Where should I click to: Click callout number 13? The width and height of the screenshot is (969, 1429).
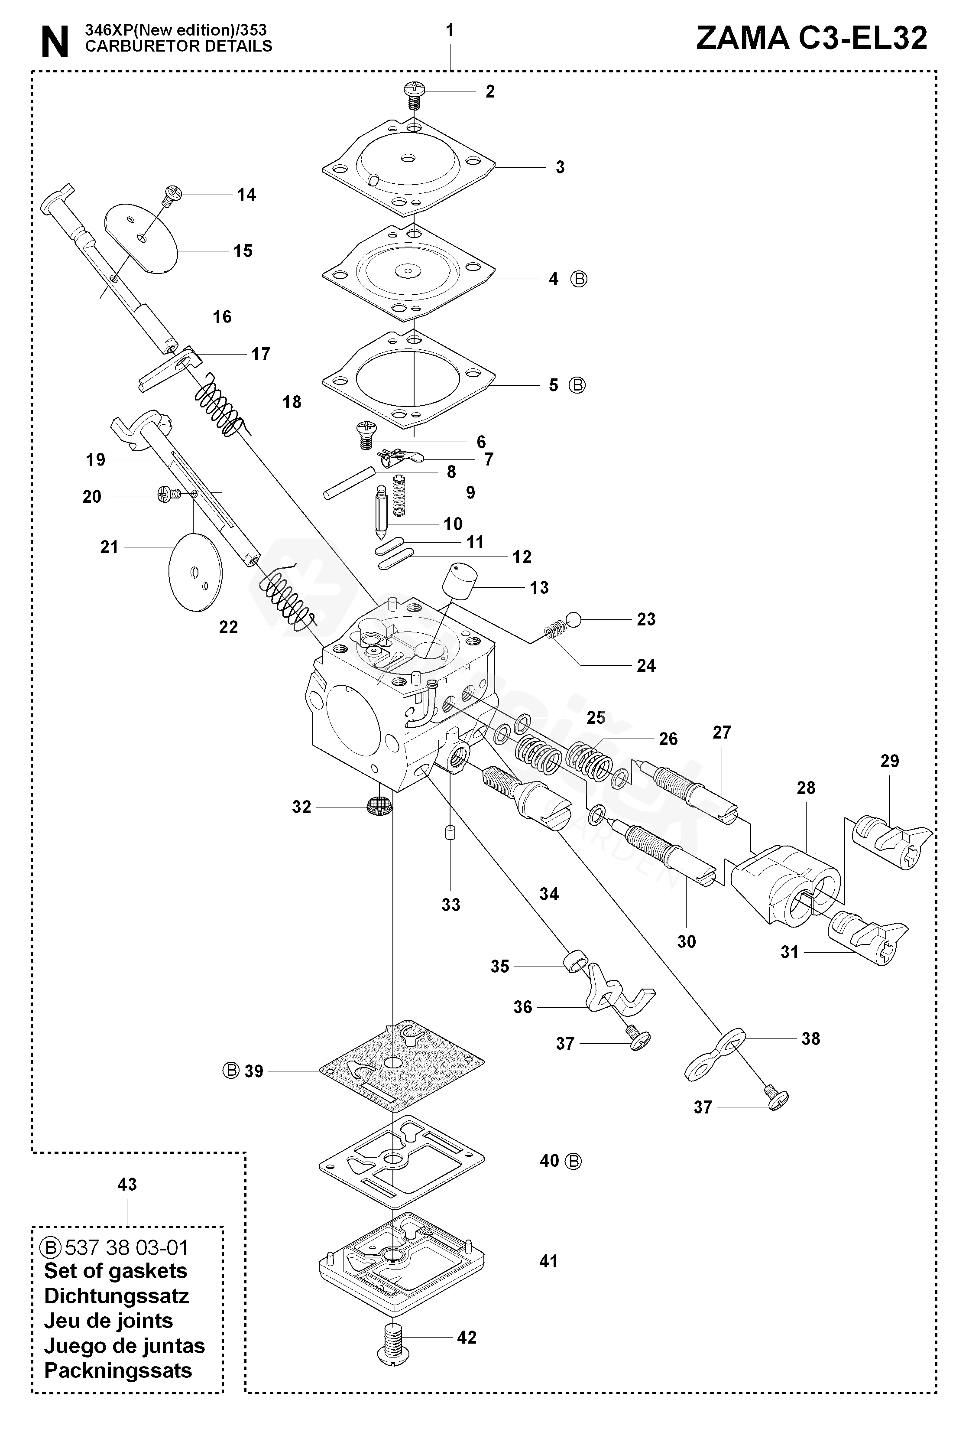[539, 587]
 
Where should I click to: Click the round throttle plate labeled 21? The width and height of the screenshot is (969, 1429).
[195, 571]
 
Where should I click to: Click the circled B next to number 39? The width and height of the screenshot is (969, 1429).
[230, 1071]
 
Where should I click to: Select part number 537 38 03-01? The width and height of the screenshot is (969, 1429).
[126, 1247]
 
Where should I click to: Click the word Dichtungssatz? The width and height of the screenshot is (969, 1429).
[116, 1296]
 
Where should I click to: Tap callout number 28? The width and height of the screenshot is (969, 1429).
[806, 788]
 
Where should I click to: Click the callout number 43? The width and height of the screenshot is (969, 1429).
[127, 1184]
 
